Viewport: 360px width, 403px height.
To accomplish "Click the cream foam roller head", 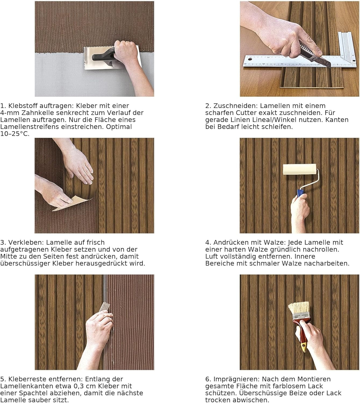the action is coord(300,170).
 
